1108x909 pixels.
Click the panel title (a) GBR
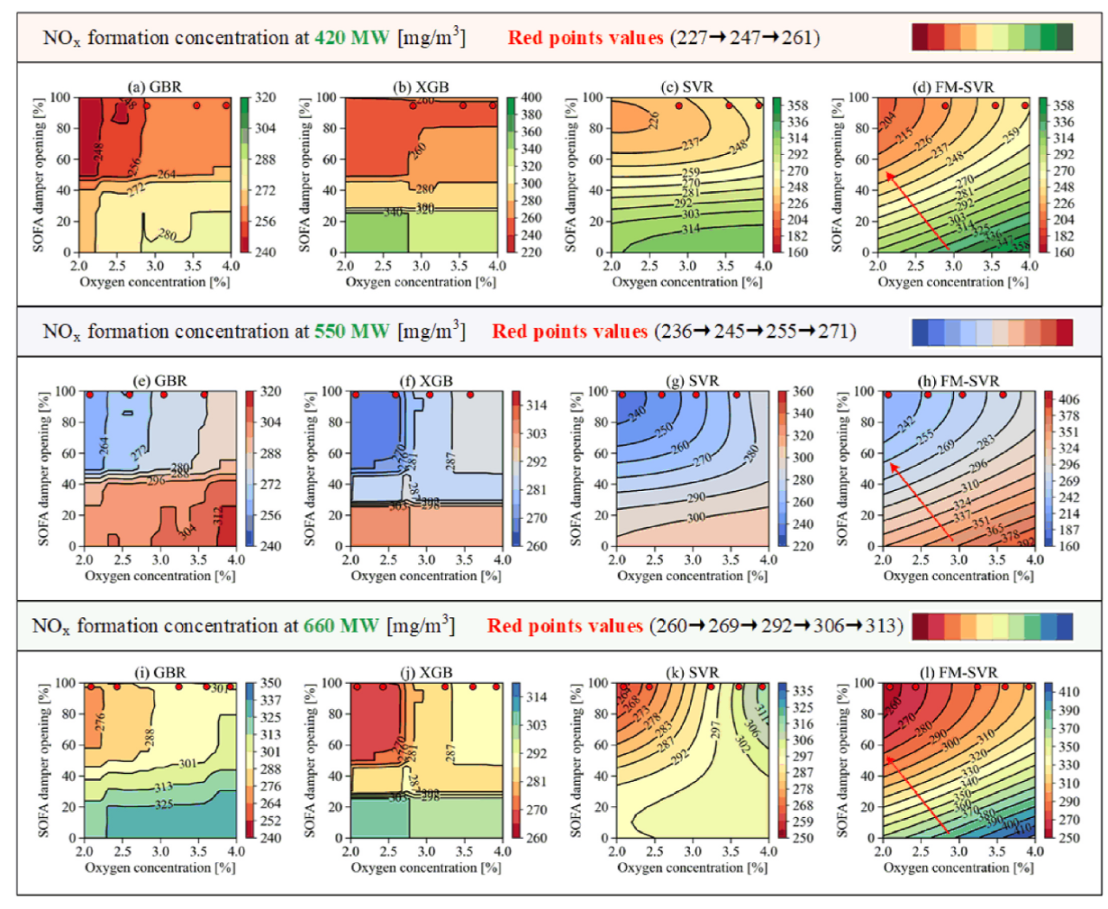point(155,87)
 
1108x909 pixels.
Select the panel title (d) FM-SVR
point(953,87)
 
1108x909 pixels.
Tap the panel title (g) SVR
point(692,380)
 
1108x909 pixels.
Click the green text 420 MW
point(351,38)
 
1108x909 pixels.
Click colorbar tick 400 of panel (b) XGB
point(531,98)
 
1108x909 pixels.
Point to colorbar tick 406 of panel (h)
point(1069,399)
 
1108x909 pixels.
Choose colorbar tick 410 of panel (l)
point(1069,692)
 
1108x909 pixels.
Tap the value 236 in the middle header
point(676,332)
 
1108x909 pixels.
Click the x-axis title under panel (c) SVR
point(687,282)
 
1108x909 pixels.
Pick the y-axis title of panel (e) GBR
point(42,468)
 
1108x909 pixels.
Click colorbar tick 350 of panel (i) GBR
point(271,684)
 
